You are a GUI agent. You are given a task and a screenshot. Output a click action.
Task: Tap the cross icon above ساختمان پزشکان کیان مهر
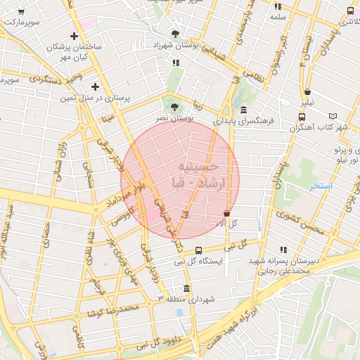(x=74, y=35)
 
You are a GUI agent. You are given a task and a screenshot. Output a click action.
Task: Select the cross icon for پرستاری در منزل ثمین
(x=95, y=87)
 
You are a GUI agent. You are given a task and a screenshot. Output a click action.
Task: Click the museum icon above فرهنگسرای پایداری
(x=243, y=110)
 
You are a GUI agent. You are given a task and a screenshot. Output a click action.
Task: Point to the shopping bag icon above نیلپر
(x=308, y=91)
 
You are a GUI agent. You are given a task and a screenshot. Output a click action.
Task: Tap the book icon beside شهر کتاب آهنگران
(x=342, y=116)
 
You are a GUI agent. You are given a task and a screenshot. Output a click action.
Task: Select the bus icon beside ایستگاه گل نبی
(x=198, y=250)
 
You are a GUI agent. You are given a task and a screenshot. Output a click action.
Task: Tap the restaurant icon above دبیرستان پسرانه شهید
(x=283, y=250)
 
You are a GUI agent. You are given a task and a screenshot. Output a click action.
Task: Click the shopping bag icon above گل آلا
(x=226, y=213)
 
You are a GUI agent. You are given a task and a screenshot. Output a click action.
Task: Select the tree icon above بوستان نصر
(x=175, y=107)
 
